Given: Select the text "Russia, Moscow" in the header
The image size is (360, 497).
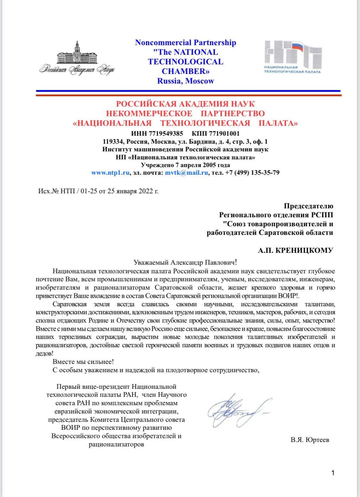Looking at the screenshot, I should point(186,81).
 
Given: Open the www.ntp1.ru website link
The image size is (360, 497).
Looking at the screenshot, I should point(110,173).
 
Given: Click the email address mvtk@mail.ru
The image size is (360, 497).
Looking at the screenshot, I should point(187,173).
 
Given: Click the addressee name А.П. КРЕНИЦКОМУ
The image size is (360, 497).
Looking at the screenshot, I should point(295,250).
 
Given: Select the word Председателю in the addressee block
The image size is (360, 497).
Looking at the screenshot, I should point(308,206).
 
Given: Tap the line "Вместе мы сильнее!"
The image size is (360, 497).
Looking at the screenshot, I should point(83,362).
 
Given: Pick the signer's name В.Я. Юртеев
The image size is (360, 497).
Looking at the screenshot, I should point(310,440).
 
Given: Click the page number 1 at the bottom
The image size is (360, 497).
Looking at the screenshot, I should point(333,473).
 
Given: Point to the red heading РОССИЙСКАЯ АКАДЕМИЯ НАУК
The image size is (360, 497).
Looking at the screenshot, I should point(185,104).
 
